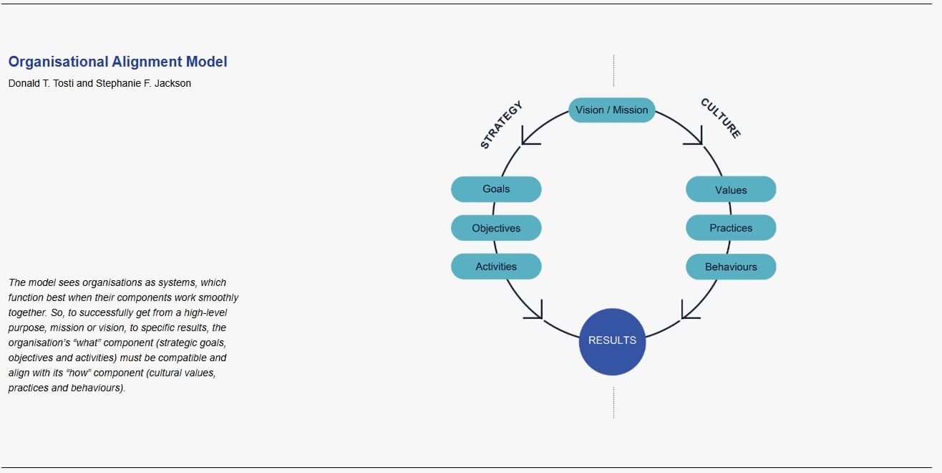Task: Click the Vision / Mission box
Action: (611, 110)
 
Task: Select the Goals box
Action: (496, 189)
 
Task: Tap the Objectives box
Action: (496, 228)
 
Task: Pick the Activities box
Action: (496, 267)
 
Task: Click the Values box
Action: (731, 190)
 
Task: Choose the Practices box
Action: (731, 228)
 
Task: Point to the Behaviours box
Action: (731, 267)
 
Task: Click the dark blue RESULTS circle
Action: (612, 341)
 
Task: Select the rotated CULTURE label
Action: (721, 118)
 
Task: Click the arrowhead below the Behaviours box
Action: (689, 310)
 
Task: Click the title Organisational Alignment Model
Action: (117, 62)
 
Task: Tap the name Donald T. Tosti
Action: (41, 83)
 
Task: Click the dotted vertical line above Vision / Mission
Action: (613, 70)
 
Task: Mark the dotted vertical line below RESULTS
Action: (613, 402)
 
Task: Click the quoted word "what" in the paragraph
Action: (86, 343)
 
